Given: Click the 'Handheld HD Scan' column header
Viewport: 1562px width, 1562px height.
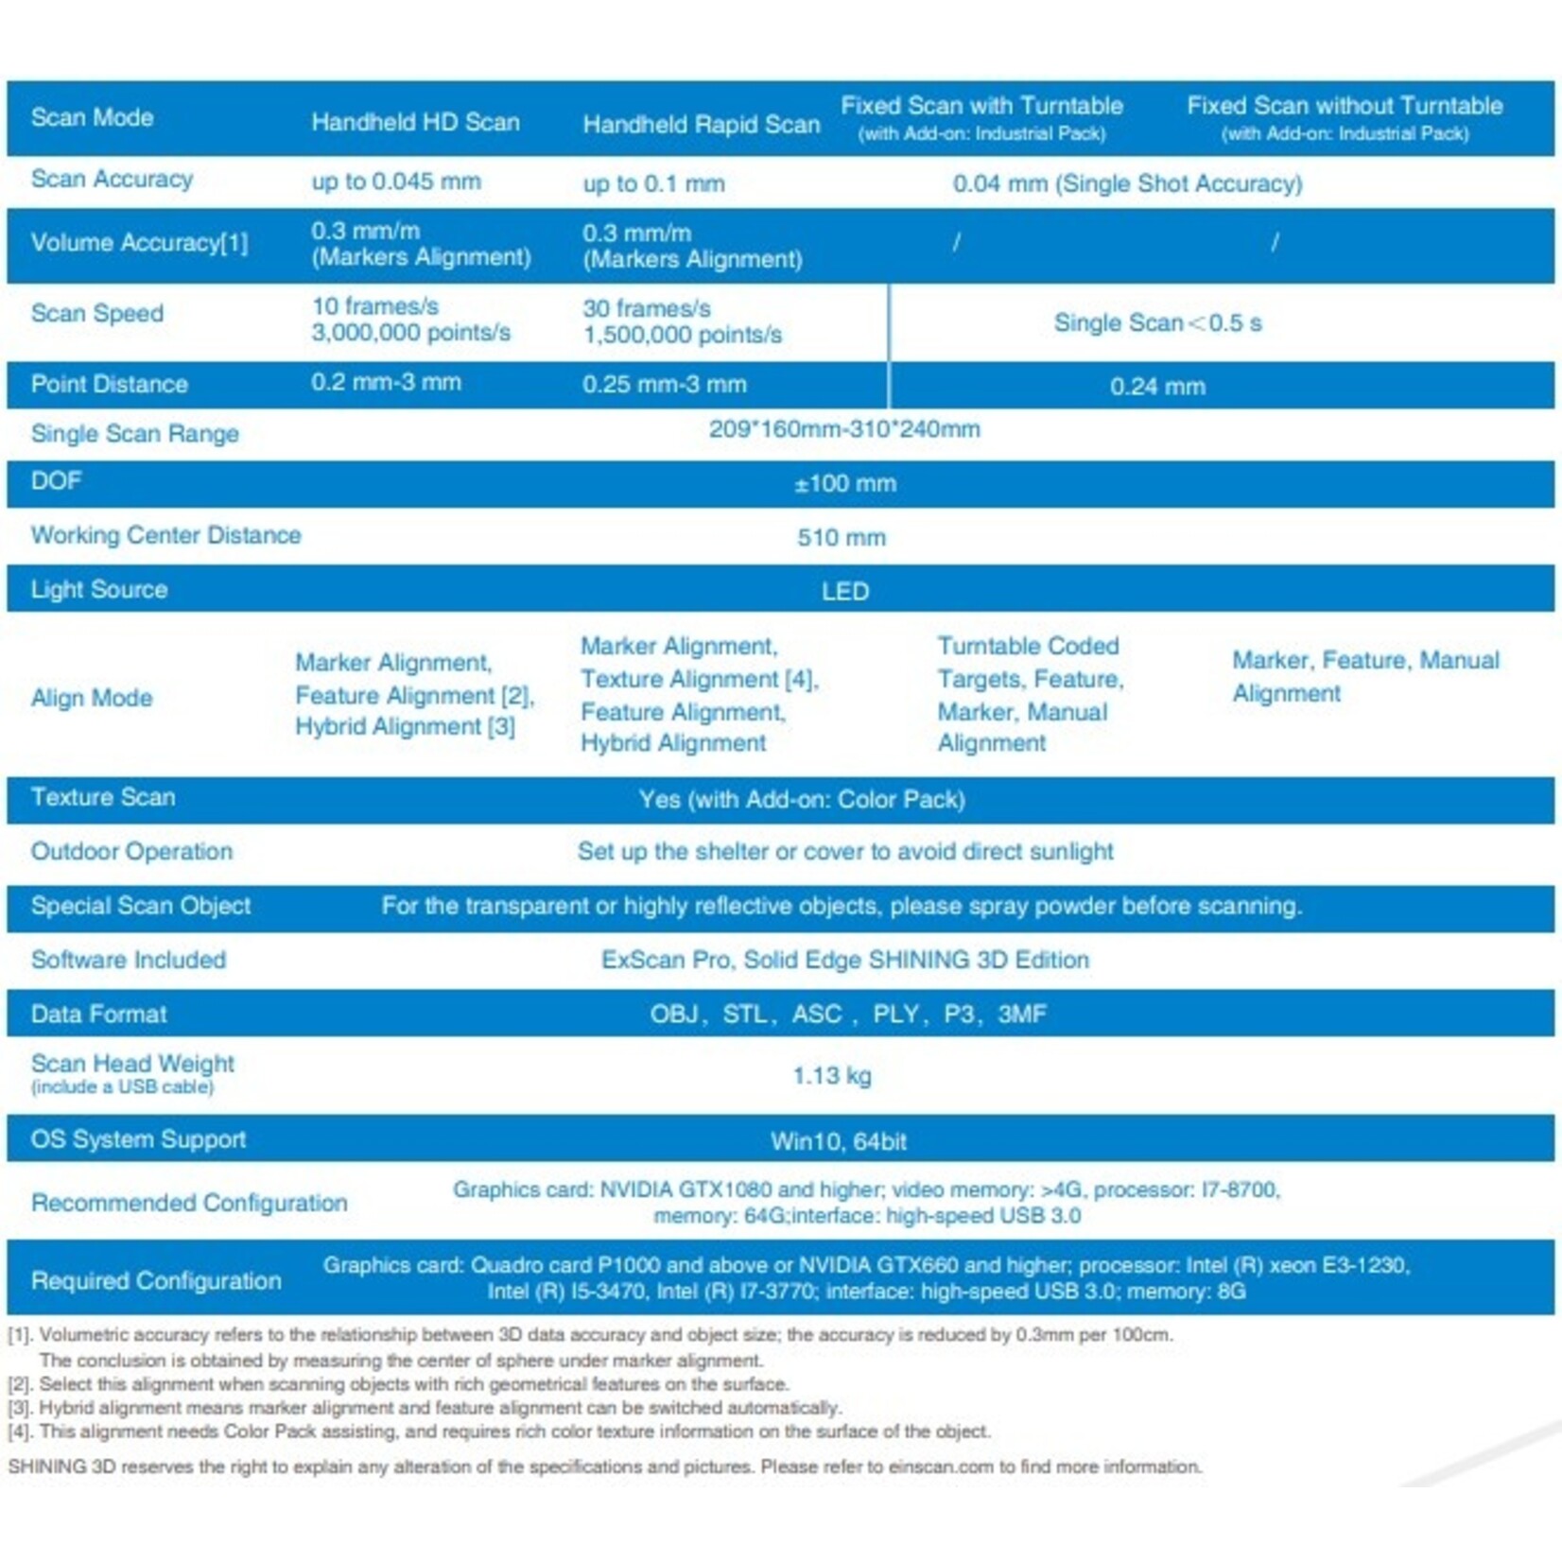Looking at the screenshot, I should coord(415,122).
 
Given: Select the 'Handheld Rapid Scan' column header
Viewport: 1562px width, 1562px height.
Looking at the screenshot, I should coord(701,124).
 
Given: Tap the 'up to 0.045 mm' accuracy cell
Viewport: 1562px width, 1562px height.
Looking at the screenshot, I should coord(396,182).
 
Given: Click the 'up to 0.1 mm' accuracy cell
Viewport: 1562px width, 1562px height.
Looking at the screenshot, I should coord(653,183).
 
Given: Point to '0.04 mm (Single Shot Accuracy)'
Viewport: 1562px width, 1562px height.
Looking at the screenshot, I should coord(1127,183).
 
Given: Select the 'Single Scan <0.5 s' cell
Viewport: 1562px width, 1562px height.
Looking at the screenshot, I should coord(1157,323).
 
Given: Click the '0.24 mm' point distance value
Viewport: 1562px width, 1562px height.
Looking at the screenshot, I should coord(1157,387).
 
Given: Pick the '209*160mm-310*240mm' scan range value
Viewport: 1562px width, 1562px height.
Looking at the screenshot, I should coord(844,429).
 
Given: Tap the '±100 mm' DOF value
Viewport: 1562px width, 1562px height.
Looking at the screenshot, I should coord(844,484).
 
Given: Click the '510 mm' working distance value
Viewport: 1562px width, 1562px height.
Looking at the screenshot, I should coord(841,538).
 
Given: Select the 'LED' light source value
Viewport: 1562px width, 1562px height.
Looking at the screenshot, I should coord(844,592).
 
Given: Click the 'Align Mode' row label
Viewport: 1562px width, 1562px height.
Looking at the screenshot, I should coord(92,698).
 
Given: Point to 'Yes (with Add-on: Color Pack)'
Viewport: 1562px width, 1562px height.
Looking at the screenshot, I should coord(802,800).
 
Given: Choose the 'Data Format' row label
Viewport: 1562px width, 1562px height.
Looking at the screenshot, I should coord(98,1015).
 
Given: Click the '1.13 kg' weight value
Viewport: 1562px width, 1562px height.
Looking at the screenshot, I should coord(832,1076).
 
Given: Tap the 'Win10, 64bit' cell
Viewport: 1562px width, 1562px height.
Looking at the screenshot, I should coord(839,1141).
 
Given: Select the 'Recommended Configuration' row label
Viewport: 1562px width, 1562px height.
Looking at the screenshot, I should coord(189,1203).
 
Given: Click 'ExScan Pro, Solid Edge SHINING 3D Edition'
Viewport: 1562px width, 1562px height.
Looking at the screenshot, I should coord(845,960).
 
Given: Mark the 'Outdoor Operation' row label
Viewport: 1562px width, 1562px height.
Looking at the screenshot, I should coord(131,851).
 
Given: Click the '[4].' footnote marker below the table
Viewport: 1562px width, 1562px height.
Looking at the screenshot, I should coord(20,1432).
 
